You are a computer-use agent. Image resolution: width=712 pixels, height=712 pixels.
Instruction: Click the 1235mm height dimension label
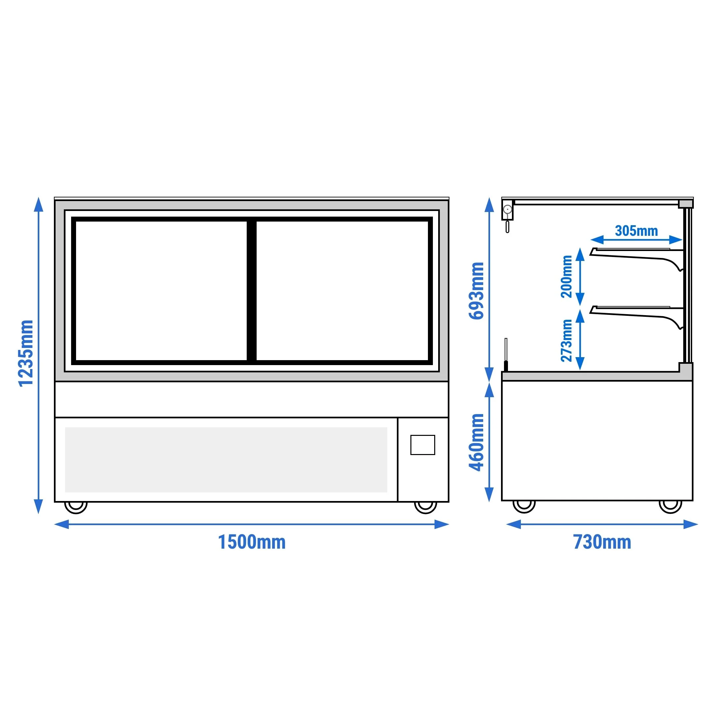click(26, 354)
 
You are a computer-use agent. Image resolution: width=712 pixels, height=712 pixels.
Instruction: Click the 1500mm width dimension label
click(252, 542)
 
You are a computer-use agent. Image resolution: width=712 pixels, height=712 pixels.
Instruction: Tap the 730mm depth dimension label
click(602, 542)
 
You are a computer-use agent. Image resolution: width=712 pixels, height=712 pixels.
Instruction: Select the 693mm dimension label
click(476, 291)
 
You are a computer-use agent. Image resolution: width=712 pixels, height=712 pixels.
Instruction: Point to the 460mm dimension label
click(476, 442)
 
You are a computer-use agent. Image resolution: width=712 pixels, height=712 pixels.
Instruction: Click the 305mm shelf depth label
click(637, 231)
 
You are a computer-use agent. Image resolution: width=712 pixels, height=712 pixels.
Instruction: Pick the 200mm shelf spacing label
click(566, 276)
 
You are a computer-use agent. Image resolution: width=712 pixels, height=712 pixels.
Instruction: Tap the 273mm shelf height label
click(566, 341)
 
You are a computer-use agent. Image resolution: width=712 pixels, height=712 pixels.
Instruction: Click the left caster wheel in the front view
click(76, 507)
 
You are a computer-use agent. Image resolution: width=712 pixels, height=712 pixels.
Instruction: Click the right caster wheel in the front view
click(426, 507)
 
